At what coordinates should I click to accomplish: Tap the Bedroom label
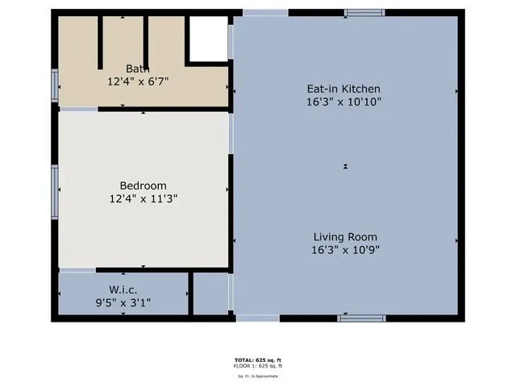point(143,185)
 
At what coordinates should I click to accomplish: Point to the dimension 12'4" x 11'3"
point(143,198)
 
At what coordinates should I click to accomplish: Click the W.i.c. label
point(123,289)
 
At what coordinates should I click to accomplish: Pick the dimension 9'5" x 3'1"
point(123,302)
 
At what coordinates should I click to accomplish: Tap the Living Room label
point(345,237)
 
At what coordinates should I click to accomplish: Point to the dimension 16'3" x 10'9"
point(345,250)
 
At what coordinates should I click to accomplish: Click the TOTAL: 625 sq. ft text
point(258,359)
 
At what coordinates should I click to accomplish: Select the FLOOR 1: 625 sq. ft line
point(258,366)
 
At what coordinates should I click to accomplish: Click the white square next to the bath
point(207,39)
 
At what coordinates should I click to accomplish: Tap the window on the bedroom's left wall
point(56,191)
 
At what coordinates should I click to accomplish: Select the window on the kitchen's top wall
point(364,12)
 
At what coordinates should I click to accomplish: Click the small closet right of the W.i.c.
point(210,294)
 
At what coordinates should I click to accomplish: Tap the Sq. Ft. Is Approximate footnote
point(258,376)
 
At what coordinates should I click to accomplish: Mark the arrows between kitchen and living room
point(345,167)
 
